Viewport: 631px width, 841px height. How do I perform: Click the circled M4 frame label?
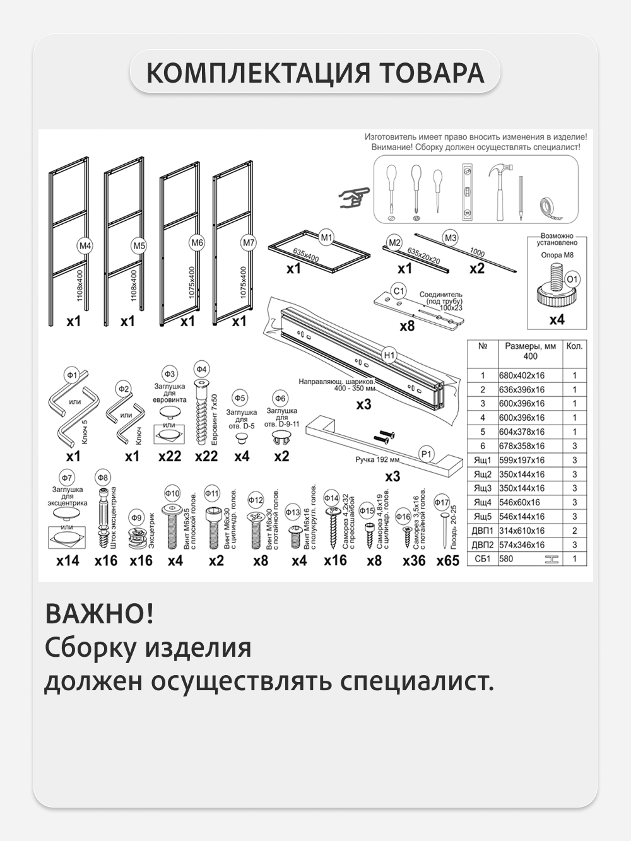[85, 245]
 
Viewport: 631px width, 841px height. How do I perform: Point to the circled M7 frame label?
[249, 242]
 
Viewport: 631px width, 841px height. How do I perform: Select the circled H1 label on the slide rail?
[389, 355]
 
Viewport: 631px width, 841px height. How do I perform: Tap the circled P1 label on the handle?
[427, 454]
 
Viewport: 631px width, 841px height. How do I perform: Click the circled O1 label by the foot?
[572, 279]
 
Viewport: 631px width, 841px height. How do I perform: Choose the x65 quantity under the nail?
[447, 560]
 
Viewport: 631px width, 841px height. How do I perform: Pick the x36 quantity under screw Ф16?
[414, 560]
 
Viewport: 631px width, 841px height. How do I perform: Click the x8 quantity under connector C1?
[407, 326]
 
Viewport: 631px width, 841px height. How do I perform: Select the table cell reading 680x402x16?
[521, 375]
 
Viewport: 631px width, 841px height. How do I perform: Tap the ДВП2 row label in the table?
[482, 545]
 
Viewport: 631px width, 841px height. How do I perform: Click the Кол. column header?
[574, 346]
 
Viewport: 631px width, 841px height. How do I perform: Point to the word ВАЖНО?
[99, 614]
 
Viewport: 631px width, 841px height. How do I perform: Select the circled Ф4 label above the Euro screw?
[201, 369]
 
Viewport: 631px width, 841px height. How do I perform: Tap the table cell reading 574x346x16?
[521, 545]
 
